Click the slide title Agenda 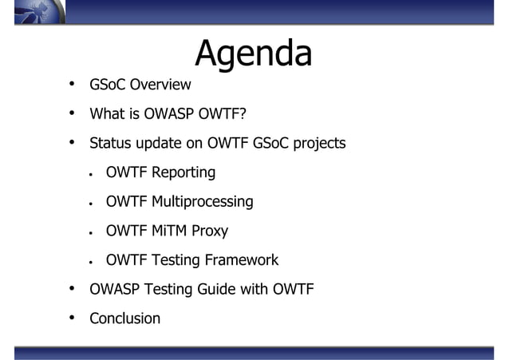tap(253, 54)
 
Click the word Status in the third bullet tap(109, 144)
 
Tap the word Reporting tap(183, 172)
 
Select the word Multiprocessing tap(203, 202)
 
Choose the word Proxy tap(211, 231)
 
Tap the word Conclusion tap(124, 318)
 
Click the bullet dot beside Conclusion tap(72, 318)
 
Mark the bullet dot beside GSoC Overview tap(72, 84)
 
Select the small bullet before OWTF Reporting tap(92, 173)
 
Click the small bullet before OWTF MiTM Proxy tap(92, 231)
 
